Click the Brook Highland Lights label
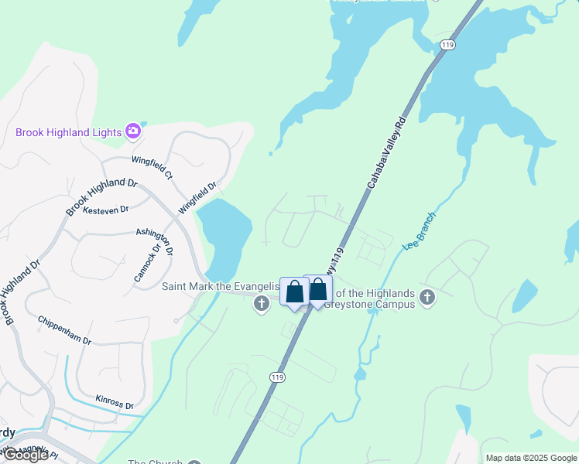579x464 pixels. click(x=68, y=132)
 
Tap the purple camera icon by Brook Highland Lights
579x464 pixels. click(x=133, y=131)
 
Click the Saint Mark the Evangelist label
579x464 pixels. click(x=220, y=286)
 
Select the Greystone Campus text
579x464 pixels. click(x=374, y=304)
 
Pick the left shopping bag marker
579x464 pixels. click(x=294, y=293)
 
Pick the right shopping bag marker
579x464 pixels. click(x=318, y=291)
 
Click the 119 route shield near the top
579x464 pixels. click(x=447, y=46)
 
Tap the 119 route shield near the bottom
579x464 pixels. click(x=276, y=377)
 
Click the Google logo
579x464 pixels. click(x=26, y=455)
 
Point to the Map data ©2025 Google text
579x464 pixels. click(x=530, y=458)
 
